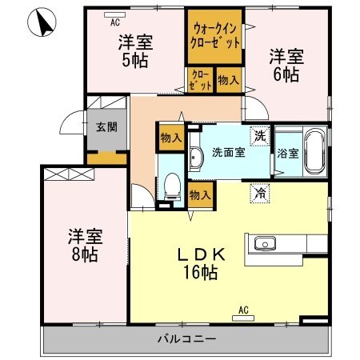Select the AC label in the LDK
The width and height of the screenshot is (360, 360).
241,310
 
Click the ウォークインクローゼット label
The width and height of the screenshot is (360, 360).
214,36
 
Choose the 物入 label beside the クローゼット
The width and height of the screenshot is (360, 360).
228,80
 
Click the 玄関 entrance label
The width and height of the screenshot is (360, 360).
106,127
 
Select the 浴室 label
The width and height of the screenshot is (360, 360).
286,153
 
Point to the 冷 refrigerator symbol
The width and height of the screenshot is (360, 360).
258,193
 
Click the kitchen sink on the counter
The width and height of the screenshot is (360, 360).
264,244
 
